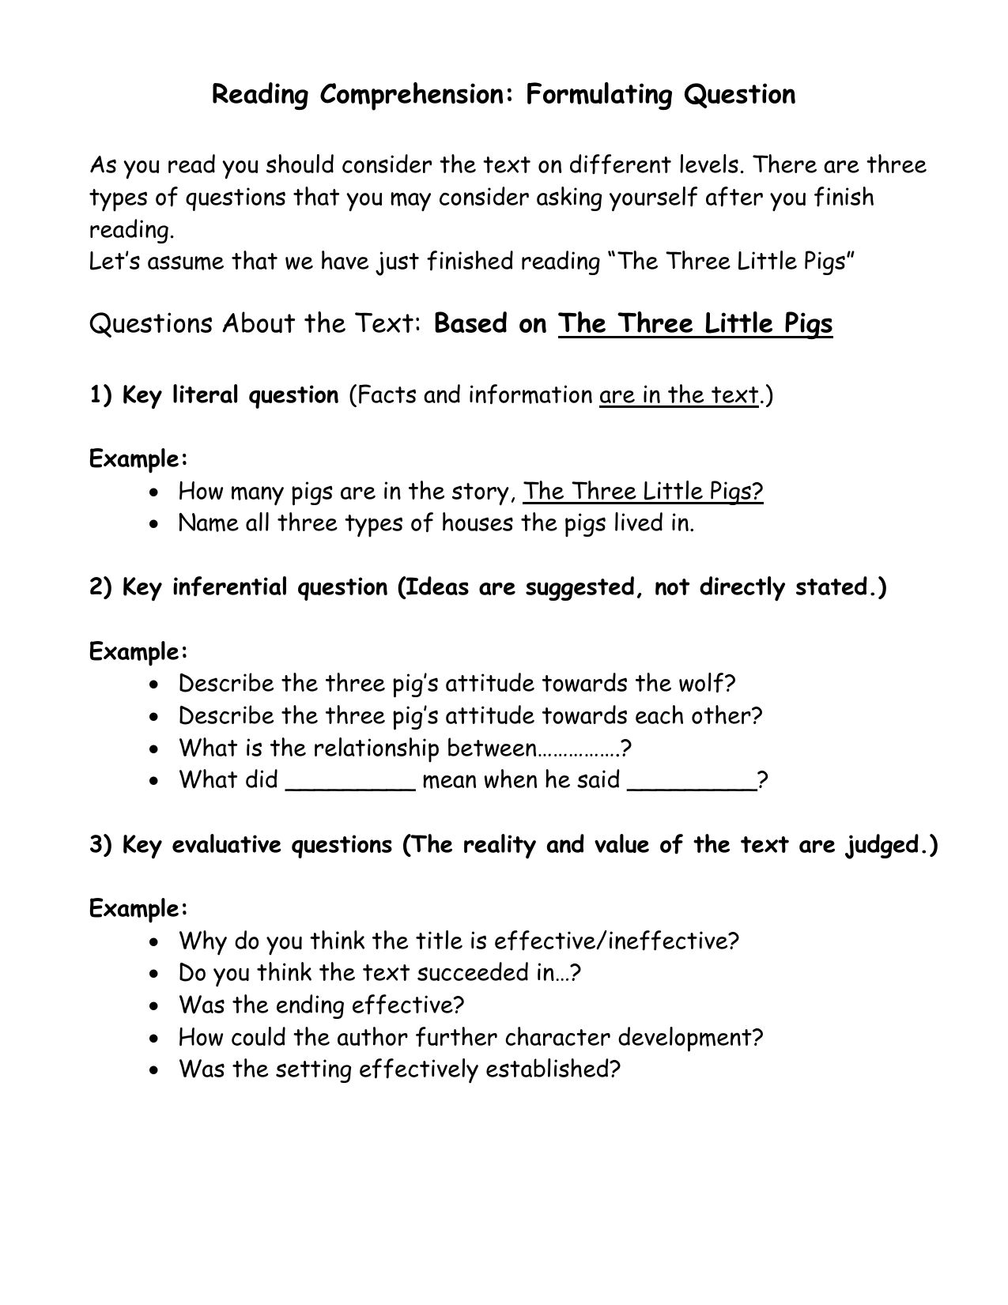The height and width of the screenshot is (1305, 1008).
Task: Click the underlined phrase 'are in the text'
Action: pyautogui.click(x=679, y=394)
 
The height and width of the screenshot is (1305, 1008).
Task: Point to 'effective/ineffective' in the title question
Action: pyautogui.click(x=616, y=941)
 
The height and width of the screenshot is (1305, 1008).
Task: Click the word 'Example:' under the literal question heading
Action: pyautogui.click(x=138, y=459)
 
